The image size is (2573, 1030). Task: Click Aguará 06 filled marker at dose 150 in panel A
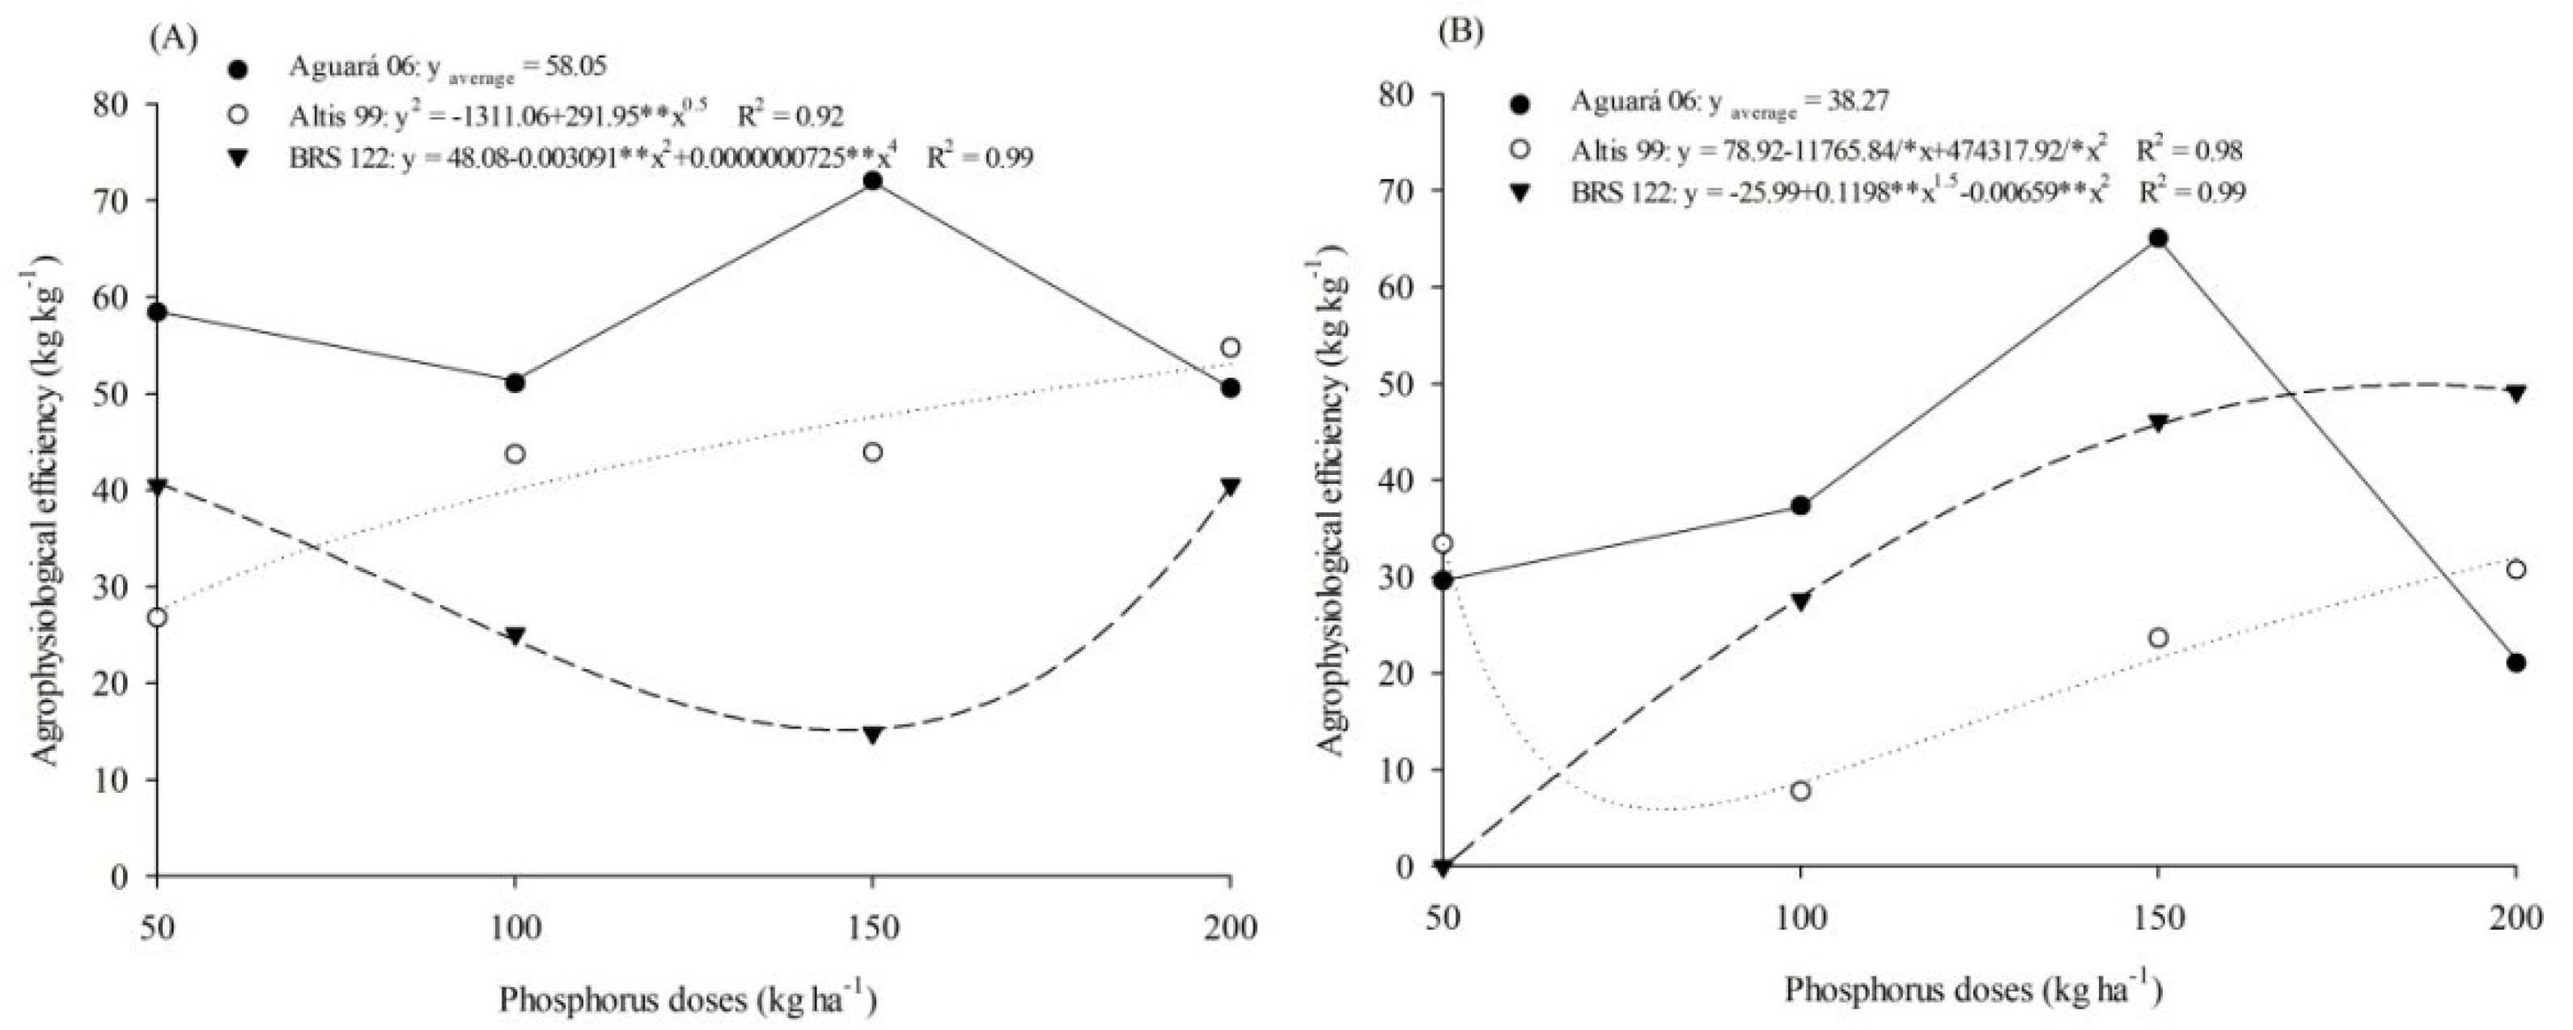tap(872, 180)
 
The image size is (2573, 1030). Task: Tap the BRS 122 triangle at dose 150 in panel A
tap(872, 735)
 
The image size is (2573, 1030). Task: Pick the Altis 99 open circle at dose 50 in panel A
tap(157, 617)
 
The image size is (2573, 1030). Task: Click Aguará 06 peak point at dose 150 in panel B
tap(2157, 238)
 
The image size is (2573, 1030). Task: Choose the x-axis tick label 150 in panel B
tap(2157, 917)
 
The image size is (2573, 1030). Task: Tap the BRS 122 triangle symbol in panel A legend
tap(239, 157)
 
